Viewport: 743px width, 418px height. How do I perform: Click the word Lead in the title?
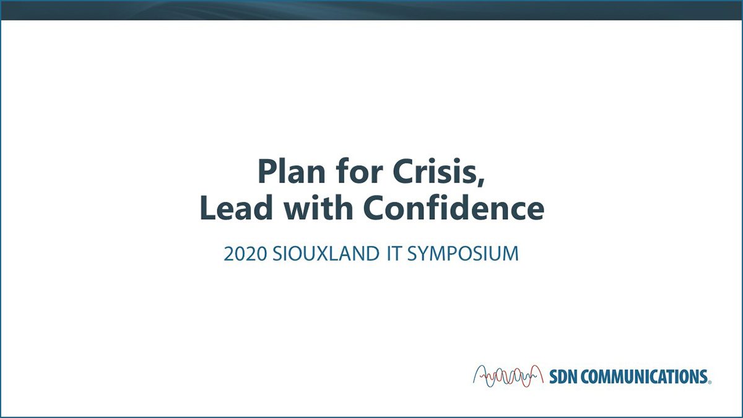236,207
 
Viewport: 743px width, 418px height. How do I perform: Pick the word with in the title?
318,207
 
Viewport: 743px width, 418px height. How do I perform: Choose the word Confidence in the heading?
454,207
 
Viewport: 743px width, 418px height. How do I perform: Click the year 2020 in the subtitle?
245,254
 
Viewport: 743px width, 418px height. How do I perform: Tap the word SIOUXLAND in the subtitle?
326,254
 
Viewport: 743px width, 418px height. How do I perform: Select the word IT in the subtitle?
394,254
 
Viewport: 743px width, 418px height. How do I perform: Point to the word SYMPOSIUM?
463,254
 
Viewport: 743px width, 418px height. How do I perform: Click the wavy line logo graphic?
508,377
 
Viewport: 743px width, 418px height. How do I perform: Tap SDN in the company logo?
563,377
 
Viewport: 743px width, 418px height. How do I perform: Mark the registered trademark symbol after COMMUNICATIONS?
710,382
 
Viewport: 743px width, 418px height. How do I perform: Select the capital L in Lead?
208,207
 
